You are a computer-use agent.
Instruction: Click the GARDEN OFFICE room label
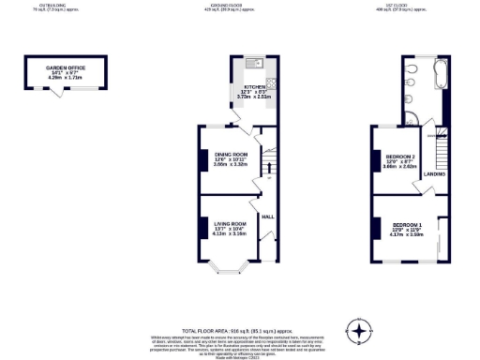click(x=65, y=67)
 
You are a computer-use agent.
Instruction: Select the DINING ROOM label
click(x=230, y=154)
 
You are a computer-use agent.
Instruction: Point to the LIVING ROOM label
click(x=230, y=223)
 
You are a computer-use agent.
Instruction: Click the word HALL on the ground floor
click(x=267, y=217)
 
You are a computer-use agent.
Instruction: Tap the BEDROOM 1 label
click(x=407, y=225)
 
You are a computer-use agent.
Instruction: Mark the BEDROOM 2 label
click(x=401, y=156)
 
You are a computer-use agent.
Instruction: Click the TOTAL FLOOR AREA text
click(x=239, y=331)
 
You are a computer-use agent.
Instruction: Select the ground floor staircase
click(x=267, y=167)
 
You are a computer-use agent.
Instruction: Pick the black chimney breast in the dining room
click(x=201, y=160)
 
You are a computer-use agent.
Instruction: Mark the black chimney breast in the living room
click(x=201, y=228)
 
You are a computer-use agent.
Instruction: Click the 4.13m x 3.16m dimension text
click(x=230, y=234)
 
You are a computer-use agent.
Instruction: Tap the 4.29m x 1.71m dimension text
click(x=65, y=79)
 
